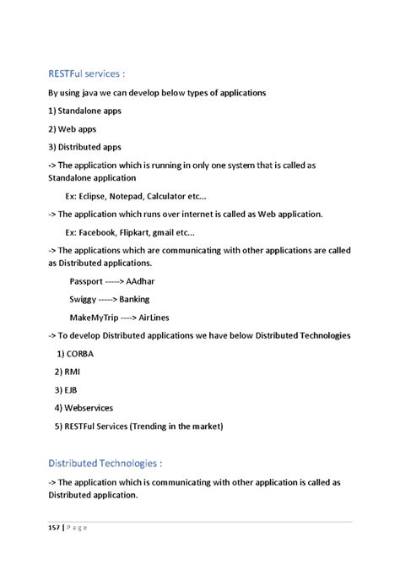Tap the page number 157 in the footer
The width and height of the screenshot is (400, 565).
tap(54, 528)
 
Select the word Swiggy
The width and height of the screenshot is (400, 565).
tap(84, 300)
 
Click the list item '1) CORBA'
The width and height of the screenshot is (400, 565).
tap(78, 353)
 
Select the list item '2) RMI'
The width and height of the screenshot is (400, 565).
tap(69, 372)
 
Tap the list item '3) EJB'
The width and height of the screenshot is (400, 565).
tap(68, 389)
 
